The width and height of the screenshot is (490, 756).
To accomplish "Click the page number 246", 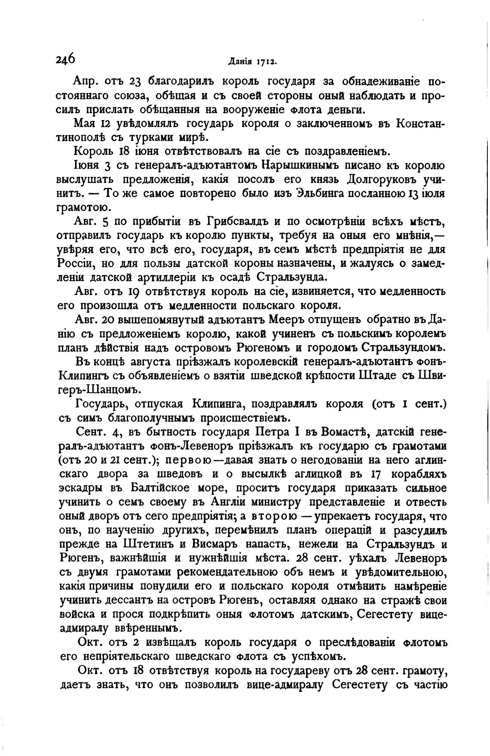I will (65, 59).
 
